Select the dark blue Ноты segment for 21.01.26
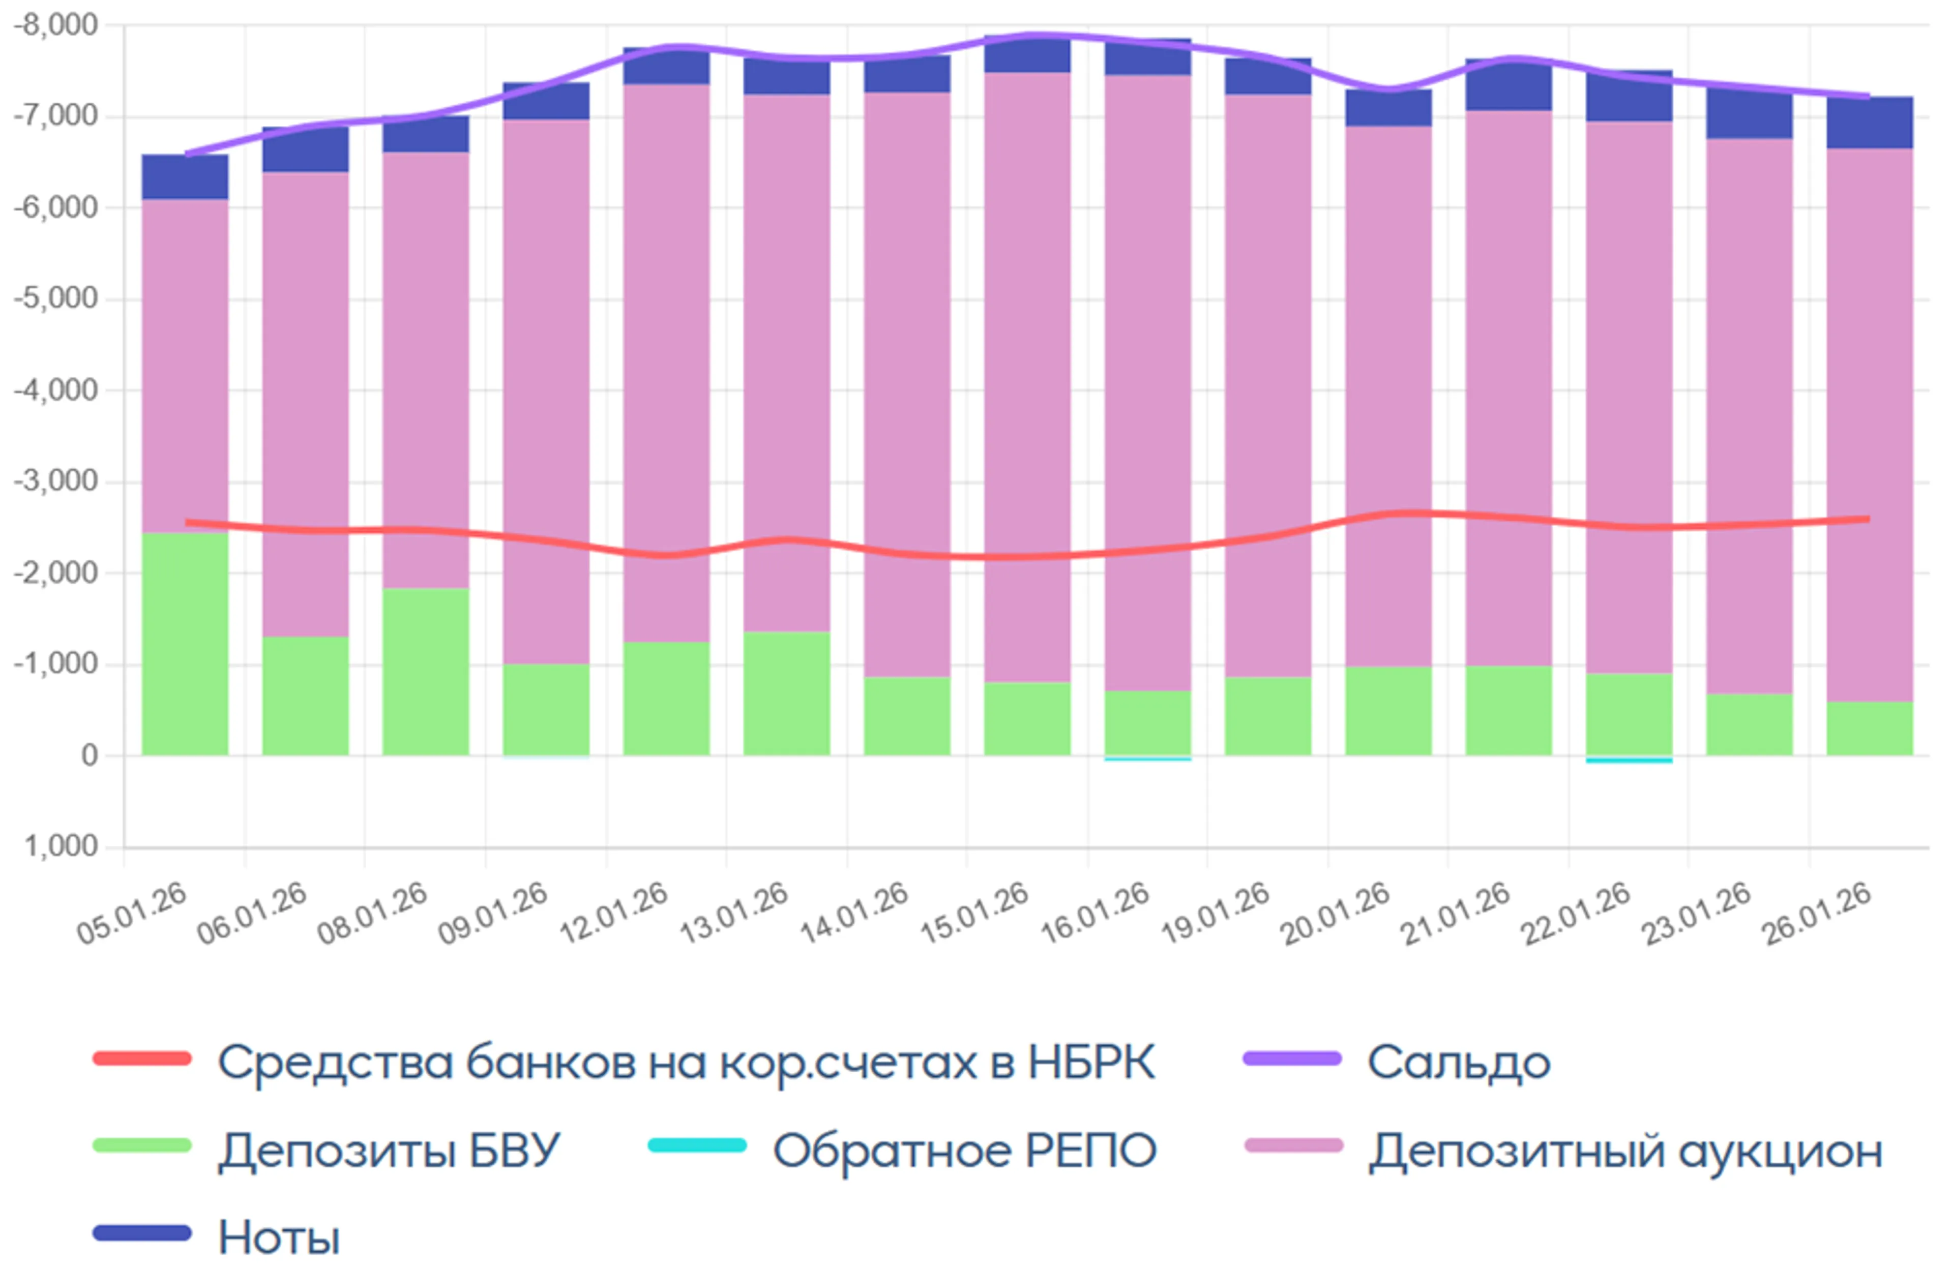[x=1508, y=86]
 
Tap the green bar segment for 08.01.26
[x=425, y=671]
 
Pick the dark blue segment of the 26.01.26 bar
[x=1869, y=123]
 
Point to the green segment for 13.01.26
[x=786, y=693]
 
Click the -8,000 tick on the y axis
[x=56, y=25]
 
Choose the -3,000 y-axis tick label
[x=56, y=481]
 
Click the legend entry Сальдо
[x=1458, y=1063]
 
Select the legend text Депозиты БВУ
[x=389, y=1150]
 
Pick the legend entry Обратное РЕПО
[x=964, y=1150]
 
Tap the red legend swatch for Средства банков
[x=142, y=1059]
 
